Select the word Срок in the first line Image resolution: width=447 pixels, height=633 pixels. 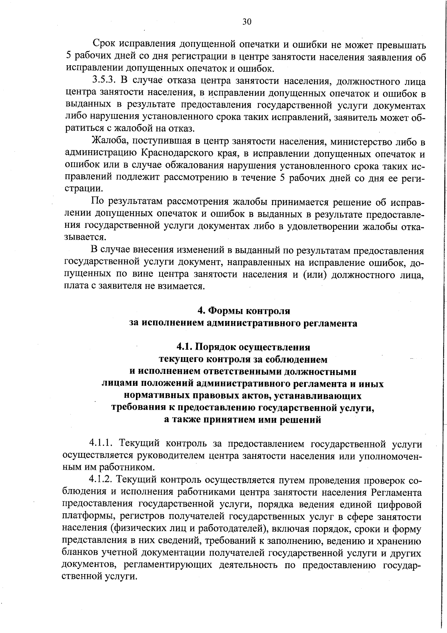104,45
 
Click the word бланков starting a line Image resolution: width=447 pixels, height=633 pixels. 81,553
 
